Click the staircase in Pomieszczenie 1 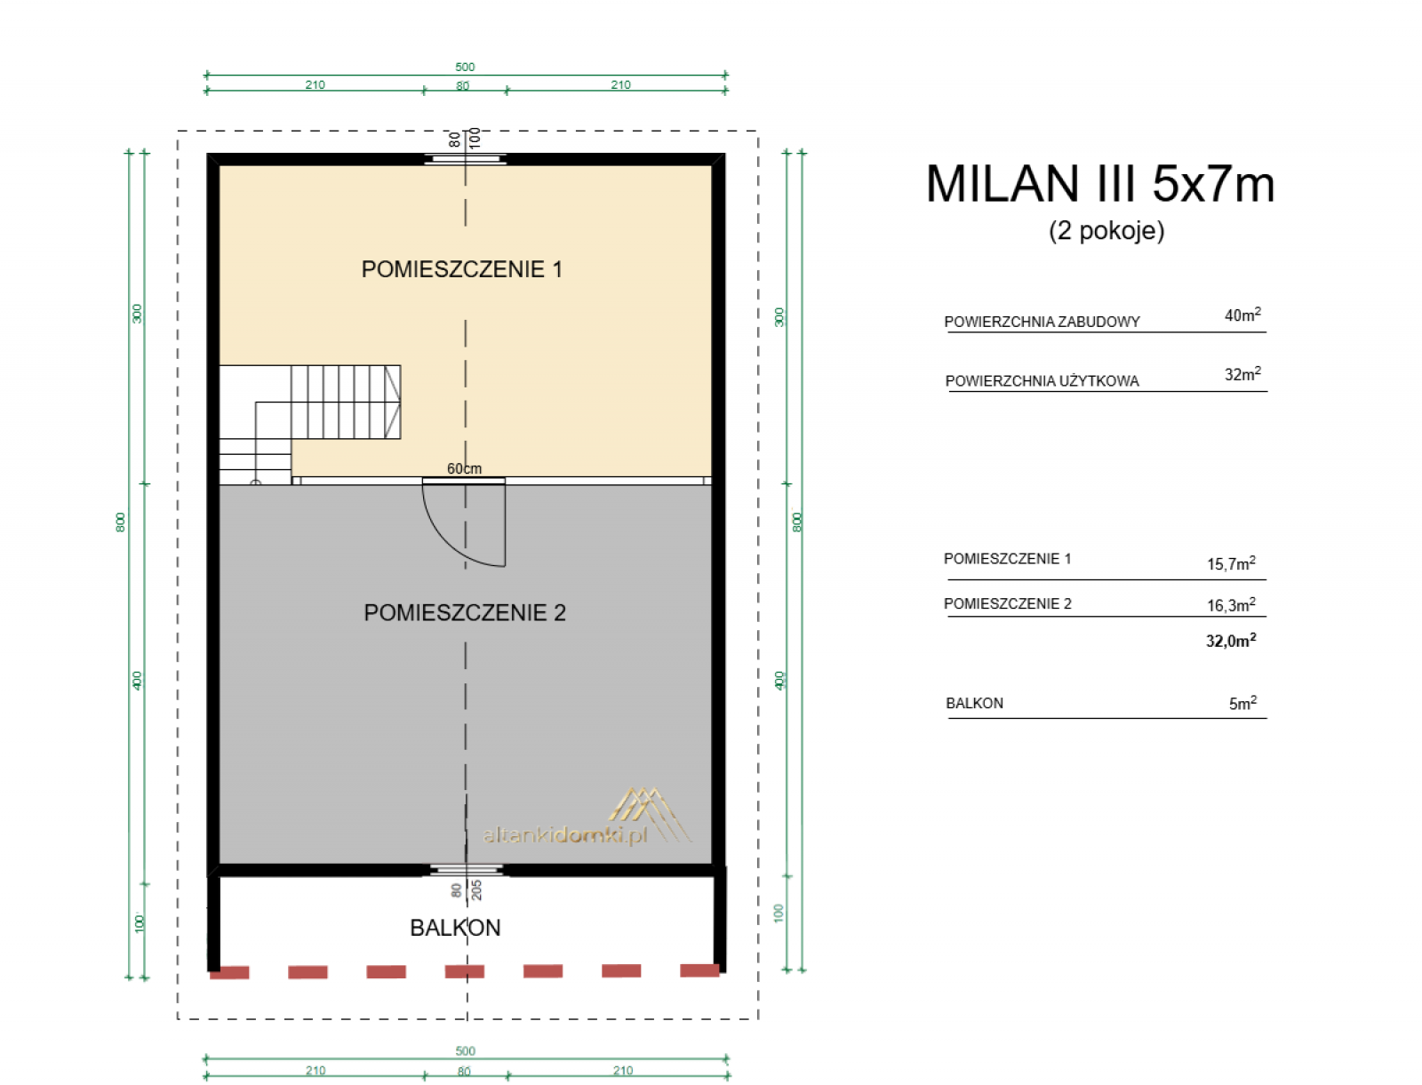(x=308, y=423)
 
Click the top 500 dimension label (x=464, y=67)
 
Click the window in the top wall (x=464, y=158)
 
